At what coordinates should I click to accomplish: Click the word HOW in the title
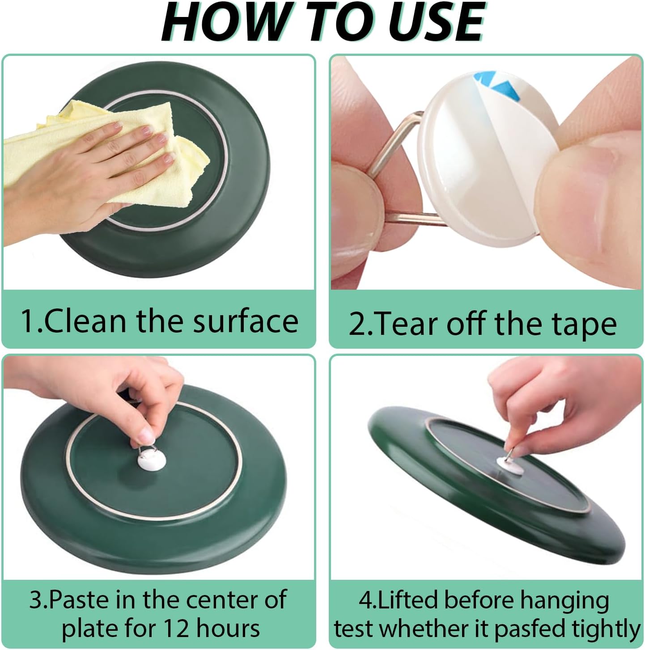coord(223,22)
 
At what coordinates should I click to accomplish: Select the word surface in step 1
coord(246,321)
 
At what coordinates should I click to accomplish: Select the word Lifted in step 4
coord(408,600)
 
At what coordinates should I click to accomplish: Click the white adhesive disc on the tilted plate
coord(509,466)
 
